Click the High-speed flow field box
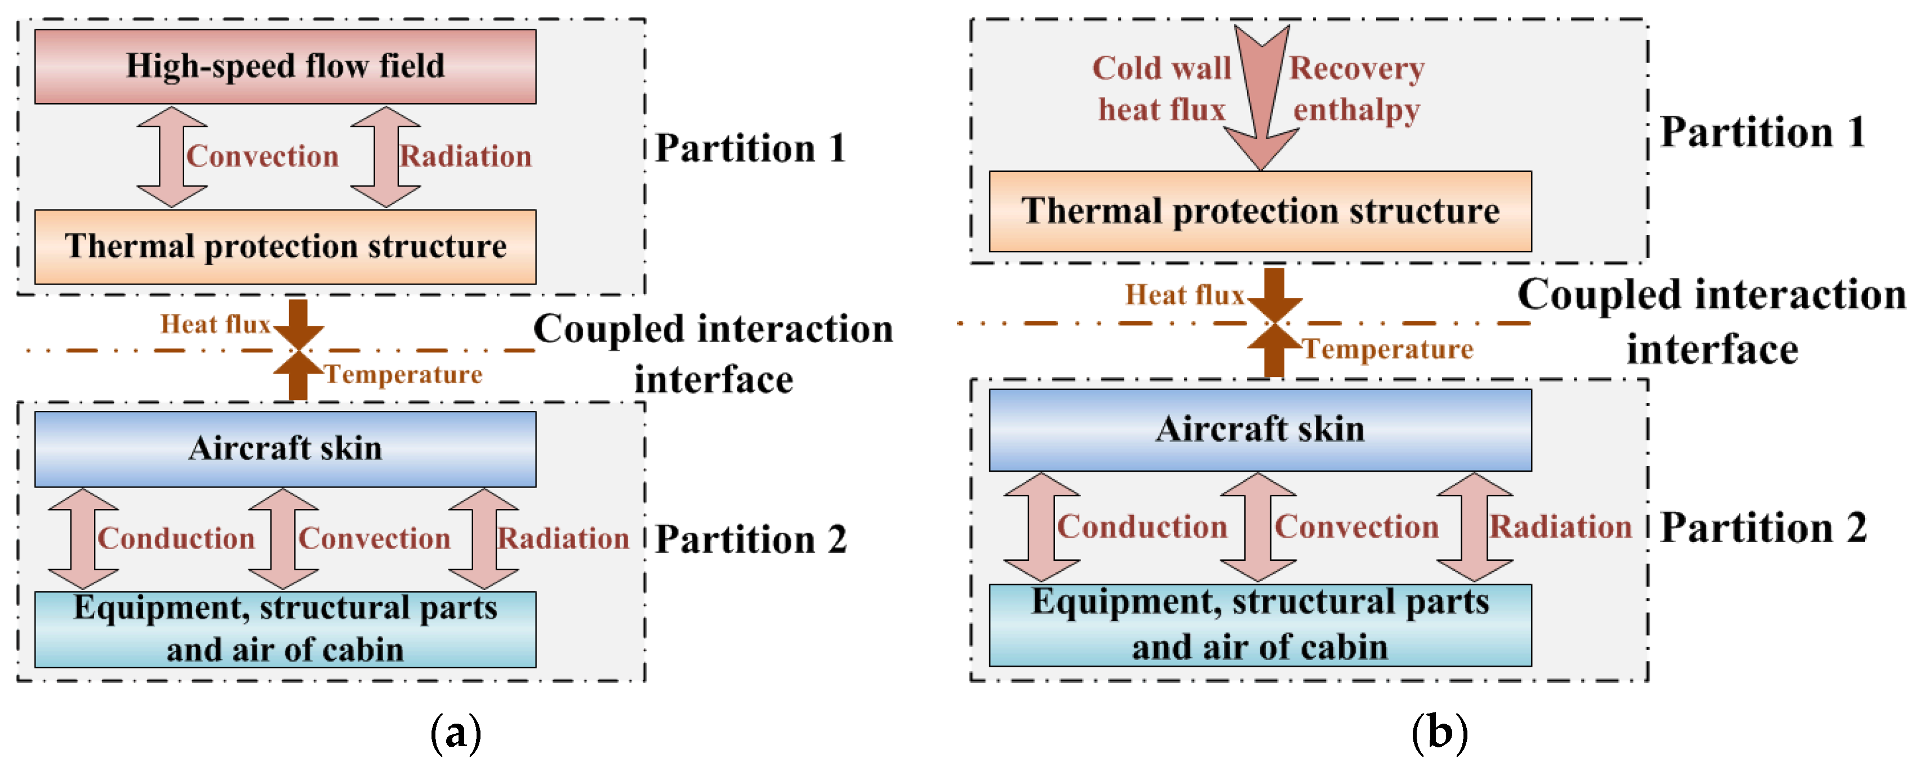click(285, 67)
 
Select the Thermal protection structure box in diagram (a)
click(285, 246)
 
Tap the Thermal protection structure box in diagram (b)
click(1260, 211)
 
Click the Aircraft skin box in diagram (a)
click(285, 449)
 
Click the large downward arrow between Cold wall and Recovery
click(1261, 97)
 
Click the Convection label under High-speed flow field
click(263, 156)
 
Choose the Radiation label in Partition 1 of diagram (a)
click(466, 156)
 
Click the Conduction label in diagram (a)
click(176, 538)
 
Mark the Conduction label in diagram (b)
click(1142, 526)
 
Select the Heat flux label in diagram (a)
click(215, 324)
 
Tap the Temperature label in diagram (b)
click(1388, 348)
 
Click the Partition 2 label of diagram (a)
click(750, 539)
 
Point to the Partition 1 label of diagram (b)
click(1763, 132)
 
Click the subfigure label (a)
click(456, 733)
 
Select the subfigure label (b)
click(1439, 733)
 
